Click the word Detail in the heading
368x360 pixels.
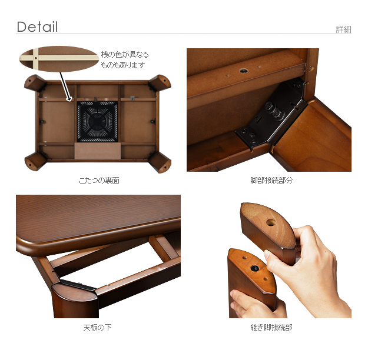[x=37, y=26]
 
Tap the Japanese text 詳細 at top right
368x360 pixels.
[x=344, y=29]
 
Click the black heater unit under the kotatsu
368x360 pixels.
[x=97, y=122]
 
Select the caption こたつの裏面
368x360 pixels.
[x=99, y=181]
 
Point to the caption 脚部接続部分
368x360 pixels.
[x=271, y=181]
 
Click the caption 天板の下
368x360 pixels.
[x=97, y=327]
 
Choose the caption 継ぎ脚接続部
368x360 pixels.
[x=271, y=327]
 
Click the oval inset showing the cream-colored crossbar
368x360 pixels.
[x=59, y=59]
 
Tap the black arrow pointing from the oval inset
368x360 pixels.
[x=65, y=87]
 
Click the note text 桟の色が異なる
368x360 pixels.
[x=125, y=54]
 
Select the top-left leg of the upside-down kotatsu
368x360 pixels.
[x=35, y=83]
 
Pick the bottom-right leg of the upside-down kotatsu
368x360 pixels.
[x=160, y=162]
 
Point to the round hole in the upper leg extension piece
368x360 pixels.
[x=271, y=222]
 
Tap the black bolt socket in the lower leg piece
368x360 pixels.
[x=254, y=268]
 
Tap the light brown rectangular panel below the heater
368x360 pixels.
[x=97, y=151]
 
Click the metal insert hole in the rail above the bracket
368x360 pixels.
[x=243, y=71]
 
